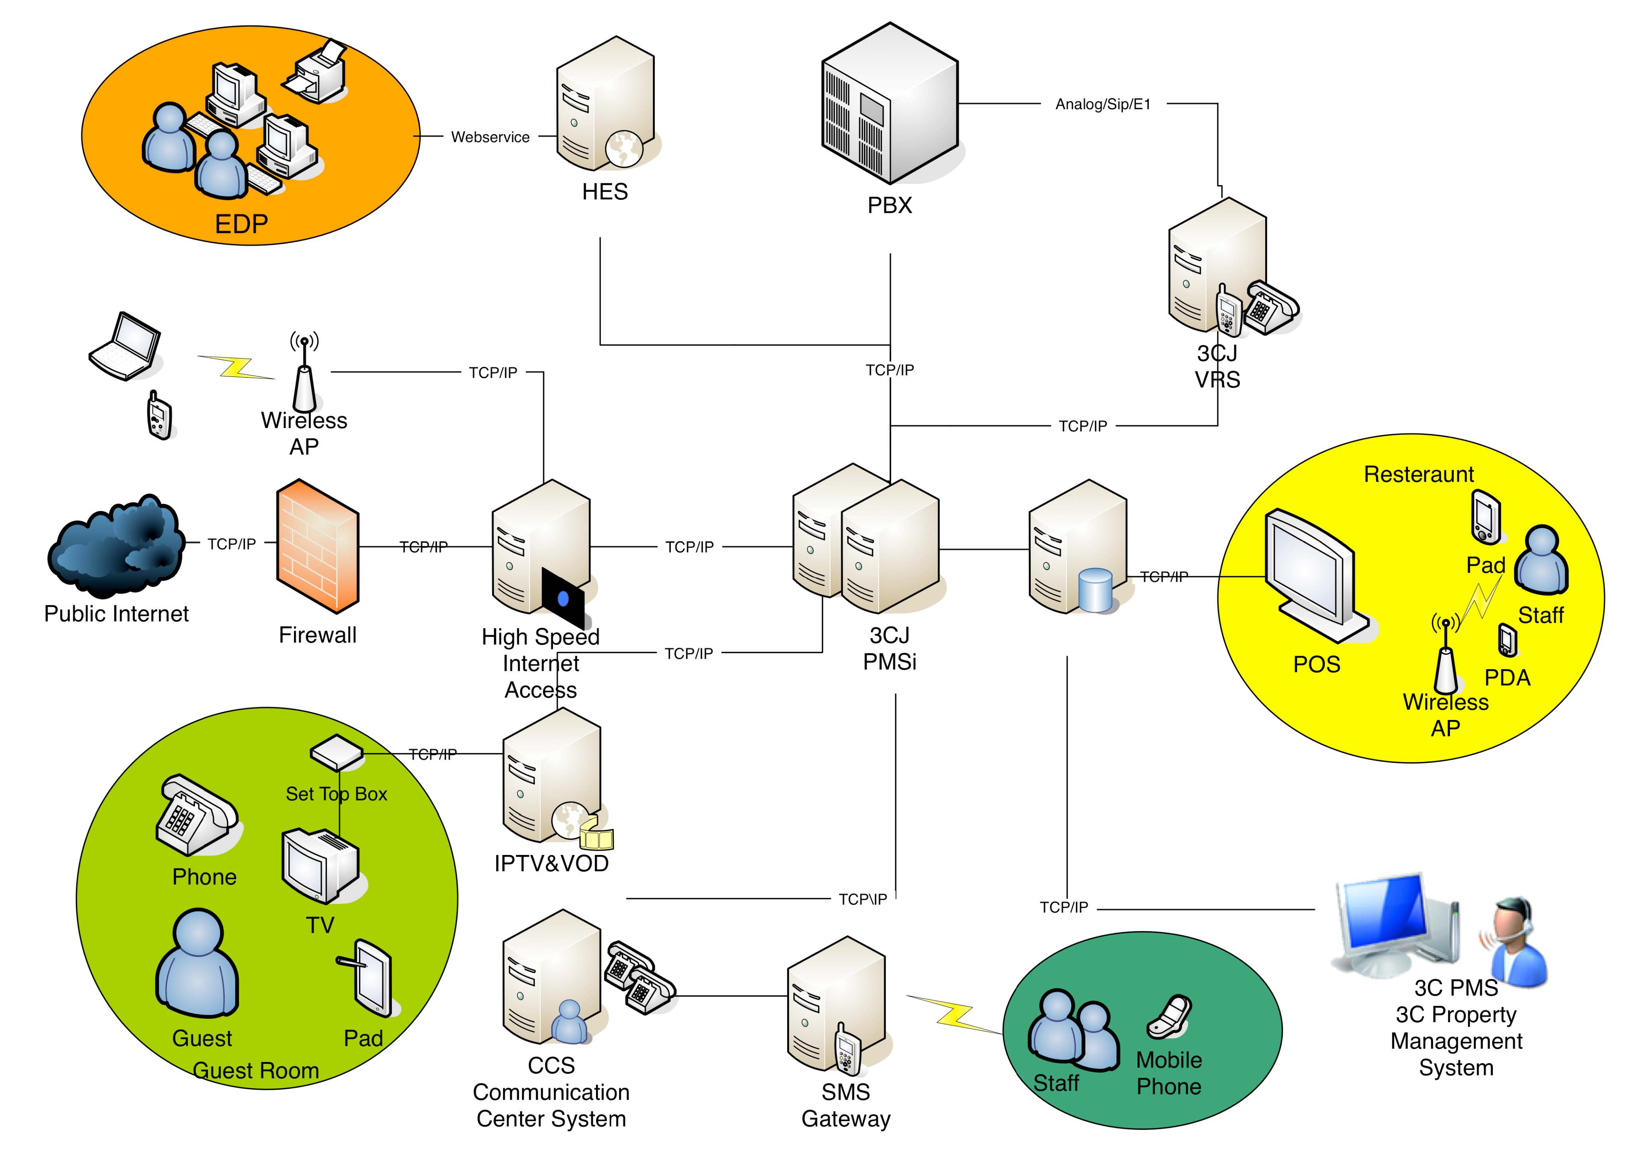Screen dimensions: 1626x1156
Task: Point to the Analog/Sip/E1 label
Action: point(1103,104)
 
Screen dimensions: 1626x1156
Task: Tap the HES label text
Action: point(605,191)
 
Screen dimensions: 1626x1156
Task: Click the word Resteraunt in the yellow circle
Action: point(1418,474)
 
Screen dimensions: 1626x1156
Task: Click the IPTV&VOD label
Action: point(551,863)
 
